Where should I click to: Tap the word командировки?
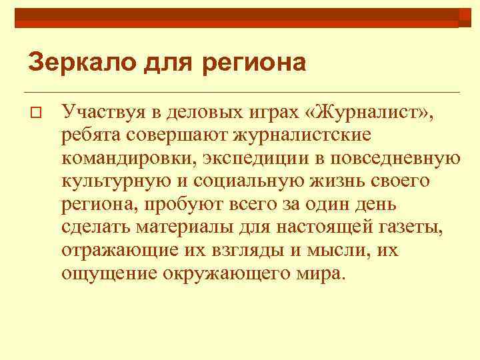coord(119,158)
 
